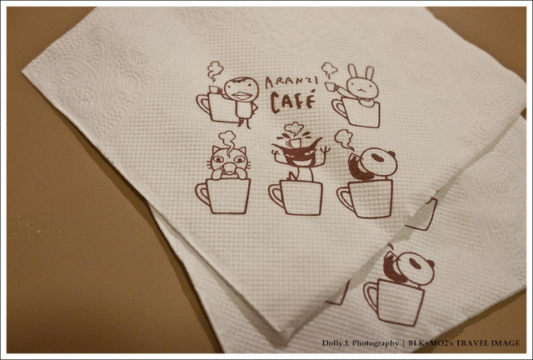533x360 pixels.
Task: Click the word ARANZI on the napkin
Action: [291, 81]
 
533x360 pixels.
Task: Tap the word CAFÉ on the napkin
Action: [292, 101]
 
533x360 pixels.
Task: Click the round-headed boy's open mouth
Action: [242, 95]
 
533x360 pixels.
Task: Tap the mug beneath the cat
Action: [223, 196]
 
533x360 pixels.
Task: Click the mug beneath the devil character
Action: [296, 198]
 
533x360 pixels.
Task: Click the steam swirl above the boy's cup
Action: [215, 71]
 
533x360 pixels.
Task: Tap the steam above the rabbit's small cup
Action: [329, 71]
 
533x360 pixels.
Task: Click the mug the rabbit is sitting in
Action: [356, 112]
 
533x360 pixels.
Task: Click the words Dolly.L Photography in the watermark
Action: [361, 343]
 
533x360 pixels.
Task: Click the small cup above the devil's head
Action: [293, 142]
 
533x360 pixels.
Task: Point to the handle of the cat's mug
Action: [202, 194]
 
